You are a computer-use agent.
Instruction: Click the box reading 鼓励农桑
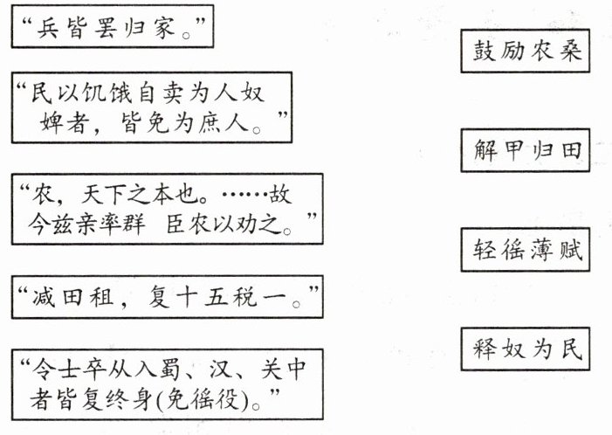point(522,54)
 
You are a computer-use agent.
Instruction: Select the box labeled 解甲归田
point(522,153)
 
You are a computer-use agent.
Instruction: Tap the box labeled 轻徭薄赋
point(522,251)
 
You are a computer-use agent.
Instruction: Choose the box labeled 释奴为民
point(522,349)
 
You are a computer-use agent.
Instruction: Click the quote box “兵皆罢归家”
point(113,29)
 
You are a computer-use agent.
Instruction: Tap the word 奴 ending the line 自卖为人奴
point(255,93)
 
